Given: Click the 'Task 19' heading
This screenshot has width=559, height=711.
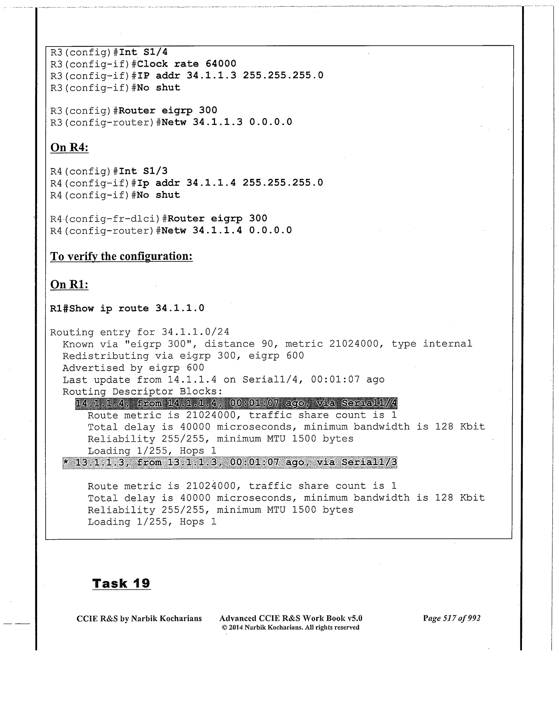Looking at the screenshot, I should [121, 583].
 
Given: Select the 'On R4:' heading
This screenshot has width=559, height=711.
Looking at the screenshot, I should [69, 147].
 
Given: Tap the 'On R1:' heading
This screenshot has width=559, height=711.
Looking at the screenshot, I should [69, 284].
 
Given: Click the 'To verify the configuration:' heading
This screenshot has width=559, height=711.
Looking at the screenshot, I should [121, 256].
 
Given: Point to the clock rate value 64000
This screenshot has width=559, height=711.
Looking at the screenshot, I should [221, 63].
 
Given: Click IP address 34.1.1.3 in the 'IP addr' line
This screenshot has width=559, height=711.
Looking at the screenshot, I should [211, 75].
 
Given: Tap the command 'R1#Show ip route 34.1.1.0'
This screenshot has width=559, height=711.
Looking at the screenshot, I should [127, 308].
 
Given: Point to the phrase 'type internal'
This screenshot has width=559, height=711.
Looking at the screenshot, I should [432, 343].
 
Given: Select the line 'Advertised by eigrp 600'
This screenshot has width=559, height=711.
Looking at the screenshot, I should [133, 367].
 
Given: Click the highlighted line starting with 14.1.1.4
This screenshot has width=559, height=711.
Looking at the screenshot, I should [236, 403].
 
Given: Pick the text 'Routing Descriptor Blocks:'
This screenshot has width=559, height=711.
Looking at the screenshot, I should [142, 391].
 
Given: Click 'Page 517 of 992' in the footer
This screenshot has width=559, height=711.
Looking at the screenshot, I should [451, 618].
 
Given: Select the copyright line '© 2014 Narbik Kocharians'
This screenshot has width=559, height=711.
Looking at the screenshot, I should [290, 627].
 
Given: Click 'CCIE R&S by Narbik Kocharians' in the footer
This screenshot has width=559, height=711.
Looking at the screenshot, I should [139, 618].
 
